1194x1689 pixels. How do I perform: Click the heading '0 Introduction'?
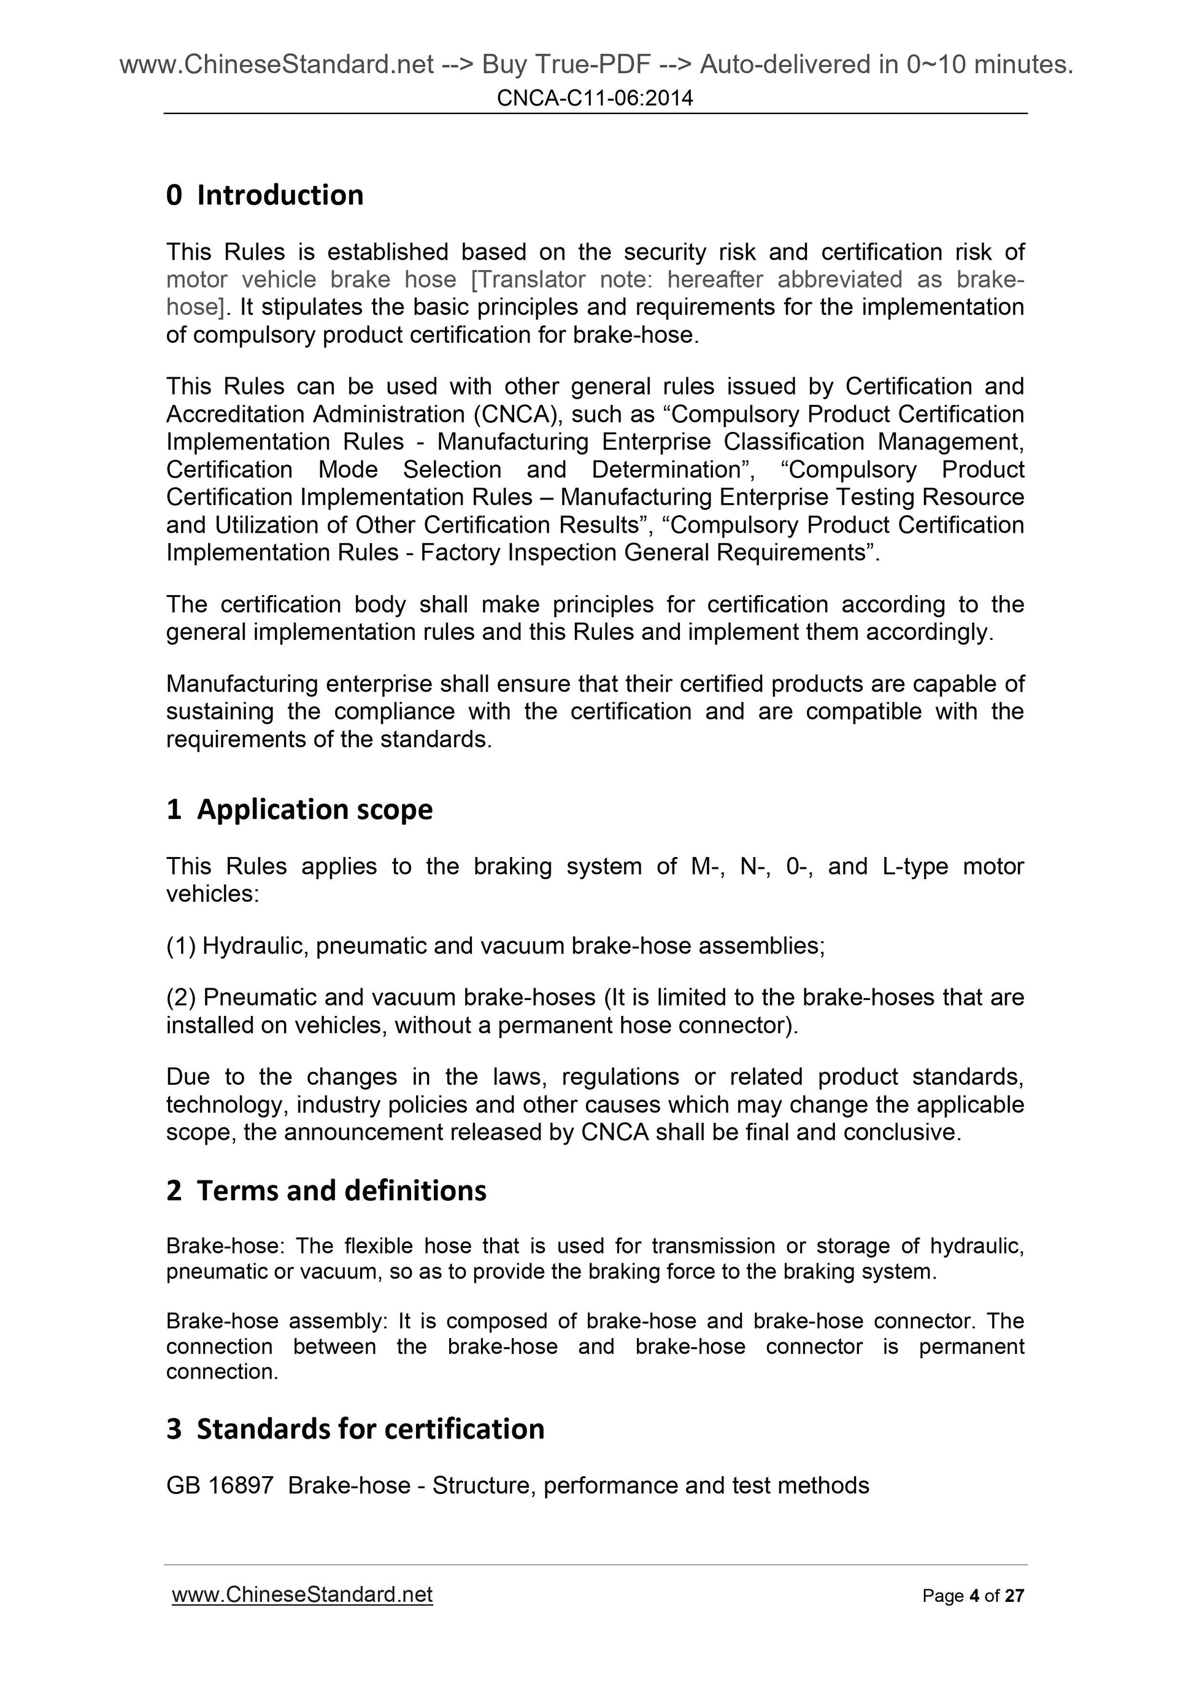click(x=265, y=195)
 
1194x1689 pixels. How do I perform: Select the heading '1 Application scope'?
click(x=299, y=809)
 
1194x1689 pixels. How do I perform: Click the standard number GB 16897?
click(x=219, y=1485)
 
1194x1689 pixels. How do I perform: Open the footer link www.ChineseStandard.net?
click(x=302, y=1594)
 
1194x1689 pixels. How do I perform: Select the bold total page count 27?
click(x=1014, y=1596)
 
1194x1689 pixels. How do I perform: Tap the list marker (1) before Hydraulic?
click(x=181, y=945)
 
